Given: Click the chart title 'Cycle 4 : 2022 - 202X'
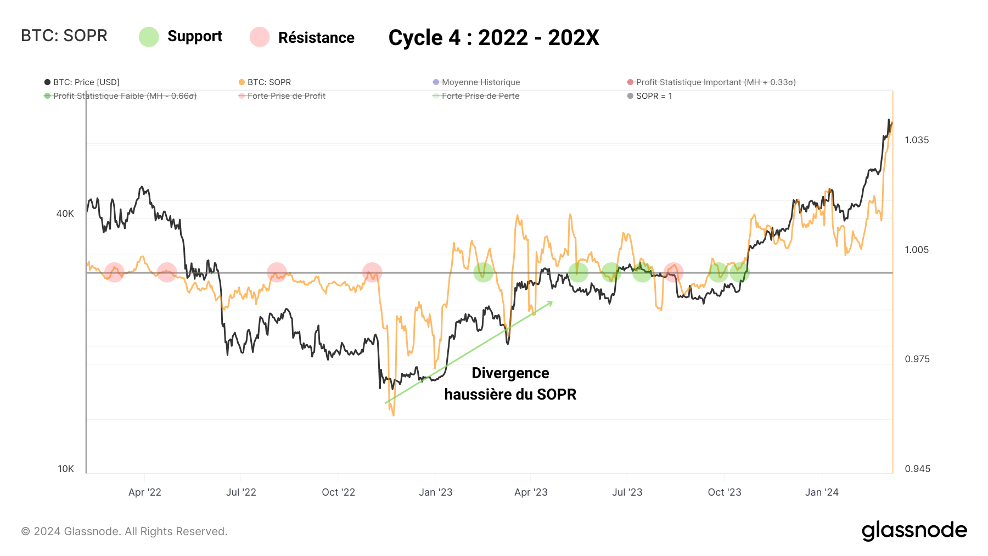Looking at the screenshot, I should click(493, 38).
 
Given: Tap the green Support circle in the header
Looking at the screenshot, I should click(149, 37).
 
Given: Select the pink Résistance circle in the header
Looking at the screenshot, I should click(260, 37).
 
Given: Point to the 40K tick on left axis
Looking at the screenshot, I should click(65, 214).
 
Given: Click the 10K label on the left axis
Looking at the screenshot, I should click(65, 469).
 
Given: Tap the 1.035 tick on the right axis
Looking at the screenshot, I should click(917, 140).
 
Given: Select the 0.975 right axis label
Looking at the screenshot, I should click(917, 359).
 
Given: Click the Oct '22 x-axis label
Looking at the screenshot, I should click(338, 492).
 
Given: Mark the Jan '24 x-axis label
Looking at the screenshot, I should click(822, 492).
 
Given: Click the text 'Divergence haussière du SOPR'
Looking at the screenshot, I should click(510, 384).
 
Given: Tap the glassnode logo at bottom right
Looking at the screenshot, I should click(914, 531).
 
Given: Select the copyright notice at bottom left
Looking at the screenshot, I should click(124, 531).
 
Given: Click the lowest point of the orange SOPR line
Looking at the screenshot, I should click(394, 415).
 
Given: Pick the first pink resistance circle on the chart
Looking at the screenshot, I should click(114, 272).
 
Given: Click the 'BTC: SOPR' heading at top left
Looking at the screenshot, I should click(64, 36).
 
